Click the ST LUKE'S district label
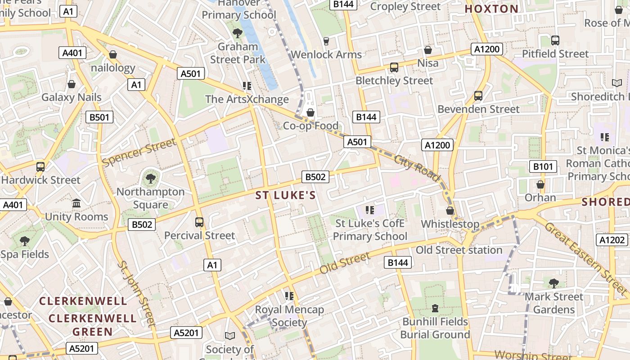[x=286, y=195]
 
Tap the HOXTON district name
[x=491, y=9]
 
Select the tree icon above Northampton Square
[x=150, y=179]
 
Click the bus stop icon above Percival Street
[x=199, y=222]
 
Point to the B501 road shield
[x=99, y=117]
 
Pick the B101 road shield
[x=543, y=167]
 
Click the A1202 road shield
[x=612, y=240]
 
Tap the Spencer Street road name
[x=139, y=152]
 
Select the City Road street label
[x=417, y=168]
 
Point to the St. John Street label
[x=136, y=292]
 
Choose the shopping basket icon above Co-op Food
[x=310, y=112]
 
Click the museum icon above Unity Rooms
[x=76, y=203]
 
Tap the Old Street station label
[x=459, y=250]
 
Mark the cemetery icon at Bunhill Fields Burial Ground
[x=435, y=308]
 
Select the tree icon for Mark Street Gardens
[x=554, y=283]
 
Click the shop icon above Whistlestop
[x=450, y=211]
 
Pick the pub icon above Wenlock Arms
[x=326, y=41]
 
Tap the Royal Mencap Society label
[x=289, y=316]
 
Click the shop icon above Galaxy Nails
[x=72, y=84]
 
